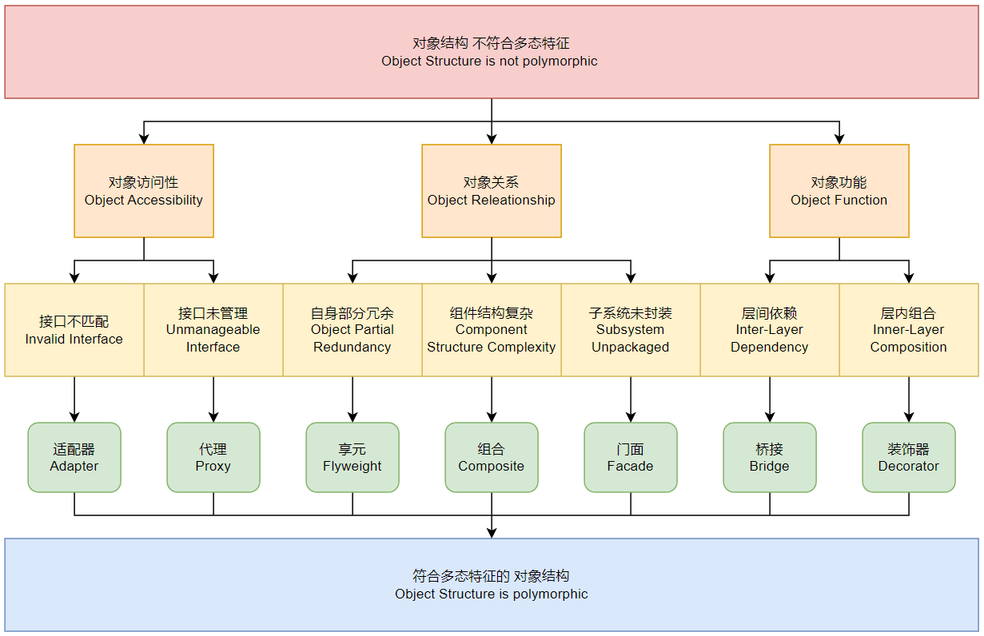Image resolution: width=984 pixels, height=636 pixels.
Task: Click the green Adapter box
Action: [74, 457]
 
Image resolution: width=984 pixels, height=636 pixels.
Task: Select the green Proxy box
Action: [213, 457]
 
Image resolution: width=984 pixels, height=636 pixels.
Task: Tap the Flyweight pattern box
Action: [353, 457]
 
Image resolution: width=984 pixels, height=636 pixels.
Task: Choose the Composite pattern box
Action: [492, 457]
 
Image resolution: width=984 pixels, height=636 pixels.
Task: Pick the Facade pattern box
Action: [631, 457]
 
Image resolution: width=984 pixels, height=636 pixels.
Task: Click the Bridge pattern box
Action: [770, 457]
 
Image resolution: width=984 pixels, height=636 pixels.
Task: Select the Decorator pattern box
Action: [909, 457]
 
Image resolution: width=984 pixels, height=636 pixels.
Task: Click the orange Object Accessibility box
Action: [144, 191]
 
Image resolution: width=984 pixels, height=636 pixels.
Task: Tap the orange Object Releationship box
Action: [492, 191]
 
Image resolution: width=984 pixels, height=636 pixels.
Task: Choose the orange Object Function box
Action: [839, 191]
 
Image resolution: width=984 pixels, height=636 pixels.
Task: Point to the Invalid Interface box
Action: [74, 330]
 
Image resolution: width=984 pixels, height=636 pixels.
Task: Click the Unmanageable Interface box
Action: [213, 330]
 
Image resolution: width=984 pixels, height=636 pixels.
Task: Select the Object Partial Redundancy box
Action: [353, 330]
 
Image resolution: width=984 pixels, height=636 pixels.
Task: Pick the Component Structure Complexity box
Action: [492, 330]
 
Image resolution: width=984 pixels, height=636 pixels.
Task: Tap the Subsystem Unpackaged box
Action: [631, 330]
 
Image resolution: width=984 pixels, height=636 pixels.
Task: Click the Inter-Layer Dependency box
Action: [770, 330]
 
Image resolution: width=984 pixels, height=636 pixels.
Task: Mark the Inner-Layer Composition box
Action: [909, 330]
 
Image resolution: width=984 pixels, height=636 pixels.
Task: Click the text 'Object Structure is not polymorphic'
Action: [489, 62]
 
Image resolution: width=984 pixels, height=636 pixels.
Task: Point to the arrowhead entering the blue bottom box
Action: [492, 532]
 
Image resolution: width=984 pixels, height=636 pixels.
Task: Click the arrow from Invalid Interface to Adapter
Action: [74, 399]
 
